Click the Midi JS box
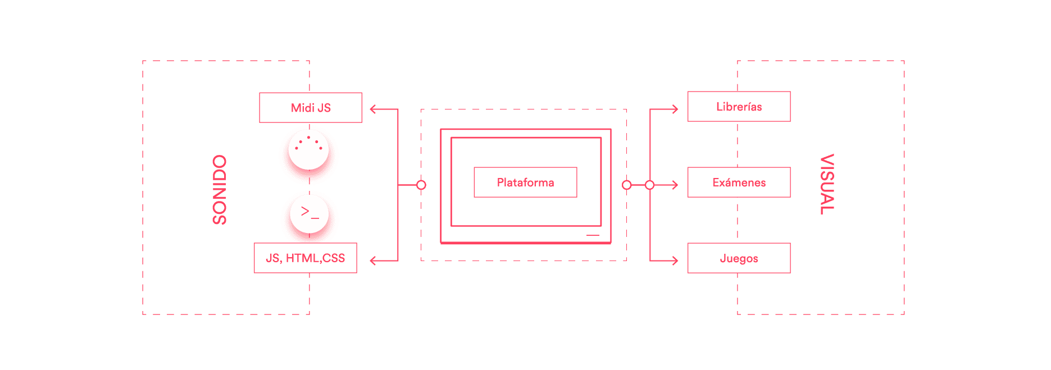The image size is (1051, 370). [x=311, y=108]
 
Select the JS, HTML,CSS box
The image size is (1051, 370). [x=305, y=258]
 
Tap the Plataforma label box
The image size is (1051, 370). [x=525, y=182]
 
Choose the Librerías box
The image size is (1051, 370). [x=739, y=107]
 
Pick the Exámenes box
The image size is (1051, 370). [x=739, y=182]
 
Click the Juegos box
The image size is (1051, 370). [x=739, y=258]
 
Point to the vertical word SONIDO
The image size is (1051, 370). [x=220, y=190]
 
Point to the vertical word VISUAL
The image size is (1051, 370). [x=827, y=184]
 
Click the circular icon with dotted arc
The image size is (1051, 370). [x=308, y=149]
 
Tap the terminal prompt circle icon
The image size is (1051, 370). [x=309, y=214]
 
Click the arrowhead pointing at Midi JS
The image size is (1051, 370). [x=373, y=109]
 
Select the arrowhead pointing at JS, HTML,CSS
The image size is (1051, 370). [x=373, y=261]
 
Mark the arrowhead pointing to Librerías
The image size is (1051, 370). [x=675, y=109]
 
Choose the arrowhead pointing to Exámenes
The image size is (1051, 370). [x=675, y=185]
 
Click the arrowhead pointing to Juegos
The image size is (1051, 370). [x=675, y=261]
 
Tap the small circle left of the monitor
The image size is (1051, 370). [x=421, y=185]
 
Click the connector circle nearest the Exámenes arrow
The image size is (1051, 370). [x=650, y=185]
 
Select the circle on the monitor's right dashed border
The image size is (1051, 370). [x=627, y=185]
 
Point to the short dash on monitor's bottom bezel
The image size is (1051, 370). [x=593, y=235]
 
